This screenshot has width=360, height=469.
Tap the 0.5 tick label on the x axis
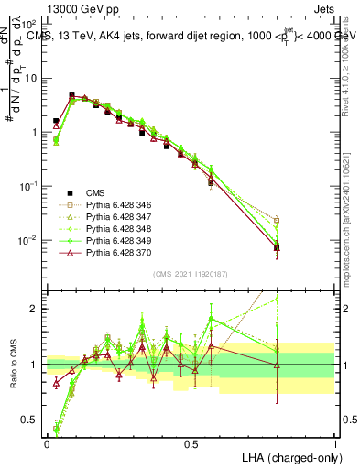(x=191, y=443)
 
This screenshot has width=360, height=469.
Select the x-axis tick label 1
(x=334, y=443)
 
